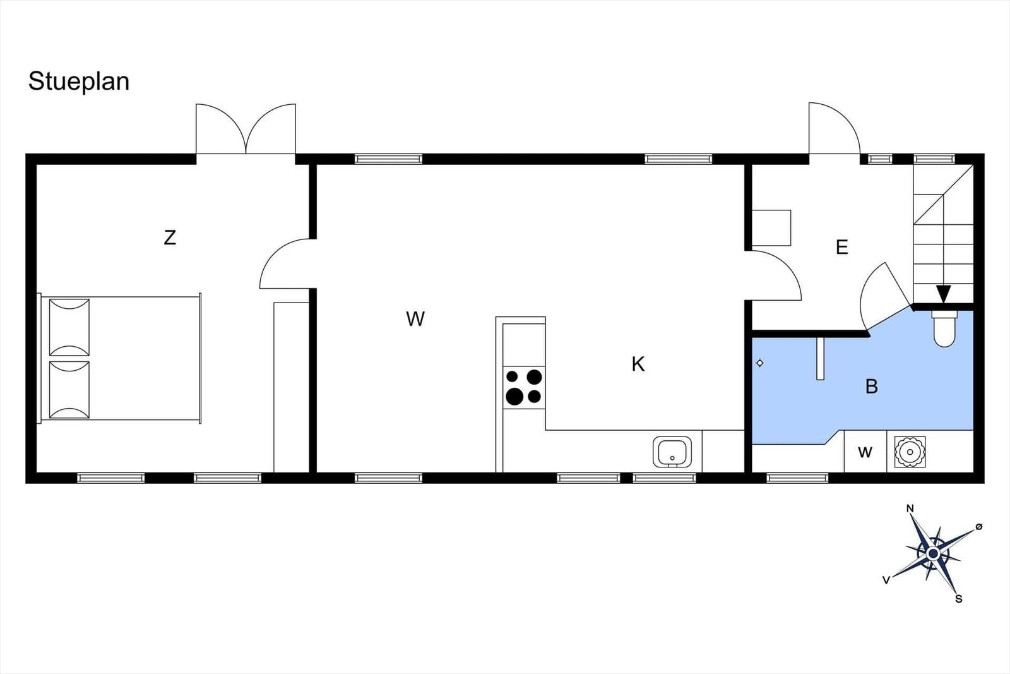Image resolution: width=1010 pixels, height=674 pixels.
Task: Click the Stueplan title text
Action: pyautogui.click(x=79, y=82)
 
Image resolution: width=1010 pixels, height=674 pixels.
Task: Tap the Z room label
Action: pyautogui.click(x=170, y=238)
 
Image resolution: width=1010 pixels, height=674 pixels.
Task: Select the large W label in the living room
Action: pyautogui.click(x=415, y=319)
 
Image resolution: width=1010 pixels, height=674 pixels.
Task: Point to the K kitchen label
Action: pyautogui.click(x=638, y=364)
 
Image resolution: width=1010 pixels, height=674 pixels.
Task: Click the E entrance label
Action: pyautogui.click(x=842, y=247)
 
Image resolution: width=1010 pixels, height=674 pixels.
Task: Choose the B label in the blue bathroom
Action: pyautogui.click(x=872, y=386)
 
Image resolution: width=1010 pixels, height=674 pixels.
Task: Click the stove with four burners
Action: pyautogui.click(x=524, y=387)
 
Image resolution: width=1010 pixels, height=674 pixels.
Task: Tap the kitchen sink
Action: pyautogui.click(x=672, y=452)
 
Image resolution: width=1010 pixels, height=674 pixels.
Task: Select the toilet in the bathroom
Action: pyautogui.click(x=944, y=328)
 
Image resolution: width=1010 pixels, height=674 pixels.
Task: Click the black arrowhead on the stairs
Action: pyautogui.click(x=943, y=294)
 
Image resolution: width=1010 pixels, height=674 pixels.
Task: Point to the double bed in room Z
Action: pyautogui.click(x=119, y=359)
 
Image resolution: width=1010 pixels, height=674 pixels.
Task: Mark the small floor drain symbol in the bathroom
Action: pyautogui.click(x=760, y=363)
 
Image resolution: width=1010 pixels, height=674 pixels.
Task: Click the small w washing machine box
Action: pyautogui.click(x=865, y=452)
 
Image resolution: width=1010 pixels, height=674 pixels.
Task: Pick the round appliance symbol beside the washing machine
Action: pyautogui.click(x=910, y=452)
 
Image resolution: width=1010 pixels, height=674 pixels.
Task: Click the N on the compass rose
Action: pyautogui.click(x=910, y=509)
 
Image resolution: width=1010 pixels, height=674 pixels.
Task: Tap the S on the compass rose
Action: pyautogui.click(x=959, y=599)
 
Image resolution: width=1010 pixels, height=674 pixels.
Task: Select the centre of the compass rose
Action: pyautogui.click(x=934, y=553)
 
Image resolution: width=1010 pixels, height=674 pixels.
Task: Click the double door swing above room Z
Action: pyautogui.click(x=246, y=129)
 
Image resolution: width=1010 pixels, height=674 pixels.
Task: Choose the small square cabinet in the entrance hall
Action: pyautogui.click(x=771, y=228)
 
